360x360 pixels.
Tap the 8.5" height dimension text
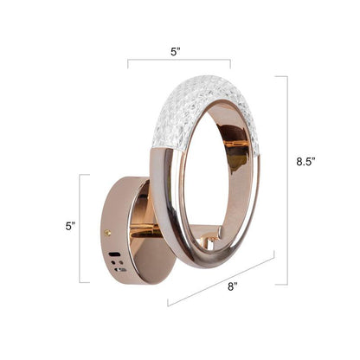(306, 161)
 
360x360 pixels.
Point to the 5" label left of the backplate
(71, 227)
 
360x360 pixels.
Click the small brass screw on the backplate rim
(107, 232)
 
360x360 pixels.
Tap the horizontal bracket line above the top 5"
(179, 61)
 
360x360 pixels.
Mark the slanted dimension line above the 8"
(222, 278)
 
